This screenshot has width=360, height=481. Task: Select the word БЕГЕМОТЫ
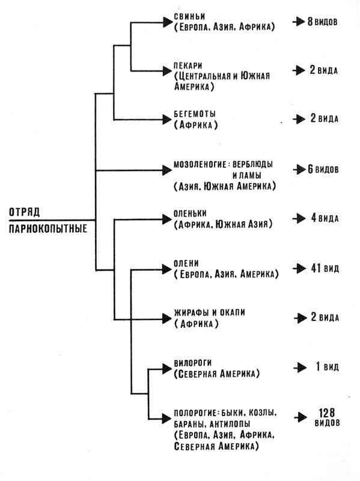[x=195, y=114]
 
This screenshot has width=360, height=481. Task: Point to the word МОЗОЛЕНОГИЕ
[x=200, y=164]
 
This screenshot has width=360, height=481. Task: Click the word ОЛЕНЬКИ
[x=190, y=213]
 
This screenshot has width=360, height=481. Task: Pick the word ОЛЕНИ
[x=186, y=263]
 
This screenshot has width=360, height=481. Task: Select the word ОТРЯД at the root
[x=24, y=212]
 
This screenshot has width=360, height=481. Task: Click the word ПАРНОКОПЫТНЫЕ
[x=48, y=229]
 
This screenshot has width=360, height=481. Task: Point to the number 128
[x=327, y=412]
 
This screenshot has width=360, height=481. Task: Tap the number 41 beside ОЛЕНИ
[x=316, y=268]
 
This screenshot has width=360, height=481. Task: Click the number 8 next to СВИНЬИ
[x=310, y=22]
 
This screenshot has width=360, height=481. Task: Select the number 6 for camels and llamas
[x=311, y=169]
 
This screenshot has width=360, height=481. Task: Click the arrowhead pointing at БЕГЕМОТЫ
[x=166, y=119]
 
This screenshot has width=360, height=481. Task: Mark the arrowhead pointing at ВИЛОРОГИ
[x=166, y=369]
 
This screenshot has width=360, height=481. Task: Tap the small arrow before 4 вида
[x=299, y=218]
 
